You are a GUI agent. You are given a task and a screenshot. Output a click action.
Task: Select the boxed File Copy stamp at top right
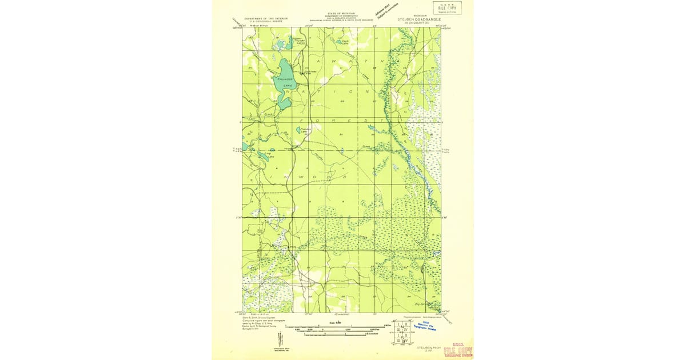tap(447, 7)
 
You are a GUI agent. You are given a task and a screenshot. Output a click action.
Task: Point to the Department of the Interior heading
tap(266, 19)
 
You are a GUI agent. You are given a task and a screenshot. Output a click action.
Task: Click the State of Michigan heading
tap(341, 13)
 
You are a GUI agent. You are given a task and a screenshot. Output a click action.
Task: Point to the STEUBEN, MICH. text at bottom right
tap(428, 346)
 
